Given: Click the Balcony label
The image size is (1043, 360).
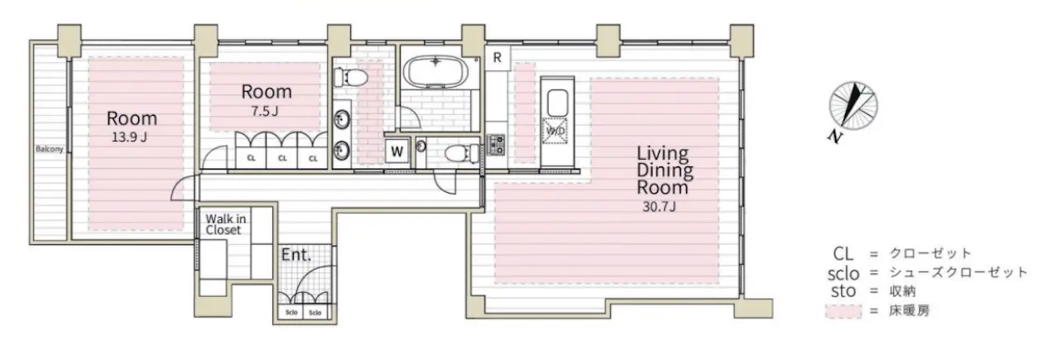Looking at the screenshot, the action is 50,149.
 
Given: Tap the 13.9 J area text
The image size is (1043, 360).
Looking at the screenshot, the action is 129,137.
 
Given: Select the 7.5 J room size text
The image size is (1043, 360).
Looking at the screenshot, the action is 265,111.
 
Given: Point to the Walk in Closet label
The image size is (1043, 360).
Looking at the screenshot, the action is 226,224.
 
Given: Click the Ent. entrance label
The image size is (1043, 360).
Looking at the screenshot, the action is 296,255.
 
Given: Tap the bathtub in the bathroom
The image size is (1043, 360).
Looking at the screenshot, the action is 435,72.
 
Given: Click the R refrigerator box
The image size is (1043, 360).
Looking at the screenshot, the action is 497,58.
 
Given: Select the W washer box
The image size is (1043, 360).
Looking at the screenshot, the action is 397,151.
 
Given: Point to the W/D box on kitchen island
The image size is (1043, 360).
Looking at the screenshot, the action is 555,131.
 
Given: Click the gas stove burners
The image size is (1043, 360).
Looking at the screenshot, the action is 495,144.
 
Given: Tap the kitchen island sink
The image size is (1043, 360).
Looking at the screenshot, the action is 557,103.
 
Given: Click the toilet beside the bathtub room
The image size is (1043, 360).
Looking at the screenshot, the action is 350,77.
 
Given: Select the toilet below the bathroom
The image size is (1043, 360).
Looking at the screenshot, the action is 461,153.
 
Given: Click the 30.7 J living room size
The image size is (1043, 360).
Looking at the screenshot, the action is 659,206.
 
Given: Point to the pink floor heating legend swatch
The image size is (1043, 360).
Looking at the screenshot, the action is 844,311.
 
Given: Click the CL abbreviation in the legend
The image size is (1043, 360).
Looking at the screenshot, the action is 844,254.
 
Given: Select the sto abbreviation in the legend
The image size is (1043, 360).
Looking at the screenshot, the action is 844,291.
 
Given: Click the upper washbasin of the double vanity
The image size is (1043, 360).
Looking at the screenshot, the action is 342,119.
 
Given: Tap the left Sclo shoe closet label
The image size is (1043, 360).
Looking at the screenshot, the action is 291,313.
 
